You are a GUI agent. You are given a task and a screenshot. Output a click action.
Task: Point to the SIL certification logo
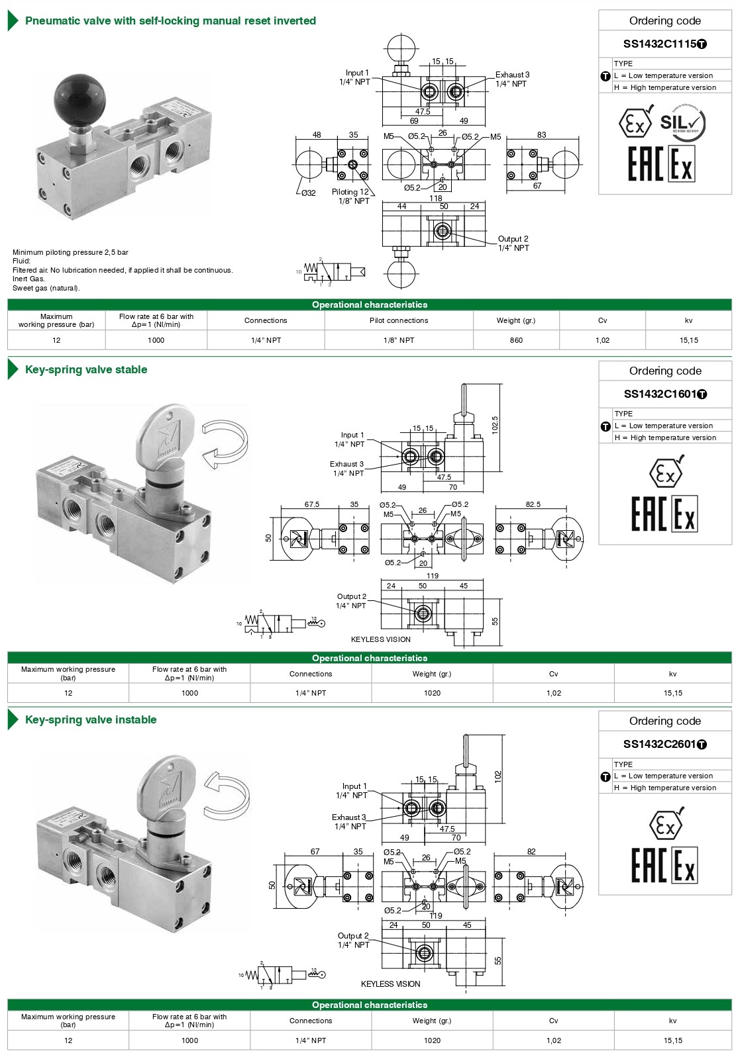(x=682, y=124)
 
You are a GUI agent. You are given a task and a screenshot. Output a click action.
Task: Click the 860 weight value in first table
(x=516, y=340)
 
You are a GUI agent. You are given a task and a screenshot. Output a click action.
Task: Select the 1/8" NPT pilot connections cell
(x=399, y=340)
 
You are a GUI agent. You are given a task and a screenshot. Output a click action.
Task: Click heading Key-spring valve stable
(x=86, y=370)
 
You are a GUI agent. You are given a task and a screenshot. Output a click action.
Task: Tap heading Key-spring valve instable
(x=91, y=720)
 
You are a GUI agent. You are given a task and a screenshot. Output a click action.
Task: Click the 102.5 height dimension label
(x=495, y=424)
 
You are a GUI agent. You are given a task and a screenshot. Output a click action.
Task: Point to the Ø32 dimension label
(x=308, y=193)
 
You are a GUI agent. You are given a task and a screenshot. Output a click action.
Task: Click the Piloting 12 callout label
(x=350, y=192)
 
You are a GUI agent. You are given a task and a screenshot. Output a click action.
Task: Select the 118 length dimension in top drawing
(x=435, y=199)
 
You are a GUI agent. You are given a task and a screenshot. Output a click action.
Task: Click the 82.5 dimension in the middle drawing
(x=533, y=504)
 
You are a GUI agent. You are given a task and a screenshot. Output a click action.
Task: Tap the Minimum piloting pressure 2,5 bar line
(x=70, y=252)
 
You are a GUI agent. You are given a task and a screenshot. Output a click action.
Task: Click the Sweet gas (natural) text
(x=46, y=288)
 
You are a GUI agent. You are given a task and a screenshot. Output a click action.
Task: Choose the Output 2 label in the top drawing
(x=513, y=239)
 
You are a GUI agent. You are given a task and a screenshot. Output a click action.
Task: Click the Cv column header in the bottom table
(x=553, y=1021)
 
